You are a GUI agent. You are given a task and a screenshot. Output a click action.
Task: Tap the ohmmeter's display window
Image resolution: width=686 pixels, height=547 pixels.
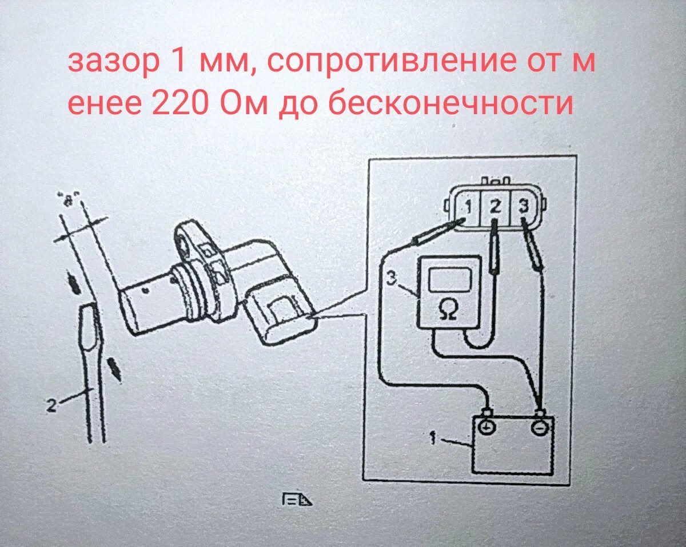450,280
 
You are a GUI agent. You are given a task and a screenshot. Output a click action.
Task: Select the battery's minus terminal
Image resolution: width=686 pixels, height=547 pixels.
539,426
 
